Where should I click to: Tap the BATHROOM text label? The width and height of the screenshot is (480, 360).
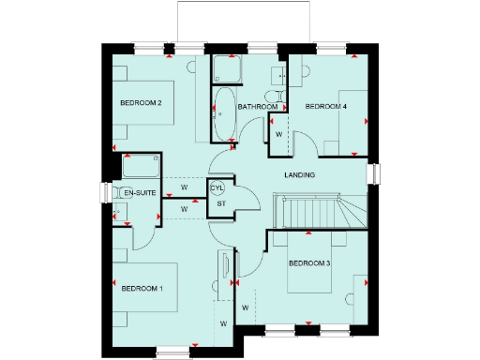pyautogui.click(x=257, y=107)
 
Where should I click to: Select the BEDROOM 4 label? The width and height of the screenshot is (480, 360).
pyautogui.click(x=326, y=107)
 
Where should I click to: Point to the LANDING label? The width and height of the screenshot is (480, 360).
pyautogui.click(x=299, y=175)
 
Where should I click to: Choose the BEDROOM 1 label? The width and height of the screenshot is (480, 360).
pyautogui.click(x=142, y=289)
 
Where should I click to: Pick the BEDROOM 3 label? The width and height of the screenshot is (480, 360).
pyautogui.click(x=309, y=263)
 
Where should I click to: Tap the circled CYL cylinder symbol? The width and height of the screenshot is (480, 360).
pyautogui.click(x=217, y=187)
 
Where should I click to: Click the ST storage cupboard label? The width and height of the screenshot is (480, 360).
pyautogui.click(x=222, y=202)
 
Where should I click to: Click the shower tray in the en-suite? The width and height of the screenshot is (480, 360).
pyautogui.click(x=140, y=167)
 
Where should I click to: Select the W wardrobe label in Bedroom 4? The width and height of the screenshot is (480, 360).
pyautogui.click(x=278, y=135)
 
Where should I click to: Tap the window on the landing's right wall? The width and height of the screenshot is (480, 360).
pyautogui.click(x=373, y=175)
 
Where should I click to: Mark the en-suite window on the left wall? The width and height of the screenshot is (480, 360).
pyautogui.click(x=103, y=192)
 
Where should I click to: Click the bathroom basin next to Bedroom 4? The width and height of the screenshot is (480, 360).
pyautogui.click(x=279, y=75)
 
